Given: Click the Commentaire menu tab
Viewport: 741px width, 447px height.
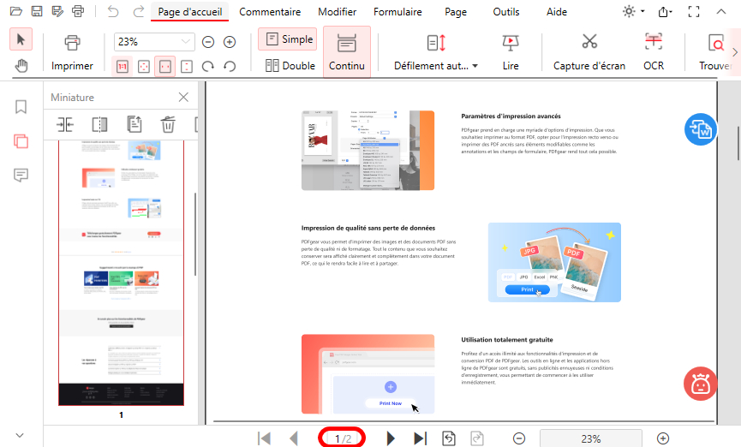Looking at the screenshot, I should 270,12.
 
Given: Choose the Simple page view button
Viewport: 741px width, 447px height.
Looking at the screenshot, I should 287,39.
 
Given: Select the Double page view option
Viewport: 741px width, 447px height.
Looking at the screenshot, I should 290,65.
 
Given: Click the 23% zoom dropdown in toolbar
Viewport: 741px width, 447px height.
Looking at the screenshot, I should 154,42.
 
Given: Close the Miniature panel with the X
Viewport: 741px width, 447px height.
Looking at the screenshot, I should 183,98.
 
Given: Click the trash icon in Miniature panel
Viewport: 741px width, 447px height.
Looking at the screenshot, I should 168,124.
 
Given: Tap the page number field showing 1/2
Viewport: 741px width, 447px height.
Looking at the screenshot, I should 343,438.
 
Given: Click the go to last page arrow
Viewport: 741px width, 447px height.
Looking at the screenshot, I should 420,438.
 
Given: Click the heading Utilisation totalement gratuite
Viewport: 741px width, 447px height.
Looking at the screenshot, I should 506,339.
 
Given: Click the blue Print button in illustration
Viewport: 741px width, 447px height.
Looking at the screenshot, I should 527,290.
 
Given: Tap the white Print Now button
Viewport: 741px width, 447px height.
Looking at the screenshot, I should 390,403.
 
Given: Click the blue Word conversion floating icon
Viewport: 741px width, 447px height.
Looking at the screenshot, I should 701,130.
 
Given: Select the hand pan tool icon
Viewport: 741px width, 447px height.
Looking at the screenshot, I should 21,66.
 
